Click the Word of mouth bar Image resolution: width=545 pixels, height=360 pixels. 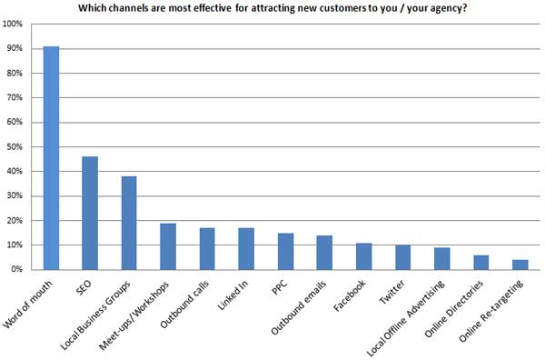pyautogui.click(x=51, y=158)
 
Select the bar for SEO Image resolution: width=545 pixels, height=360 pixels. pyautogui.click(x=90, y=213)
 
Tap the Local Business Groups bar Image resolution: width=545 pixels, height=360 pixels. pyautogui.click(x=129, y=223)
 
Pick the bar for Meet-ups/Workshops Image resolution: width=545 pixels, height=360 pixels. pyautogui.click(x=168, y=246)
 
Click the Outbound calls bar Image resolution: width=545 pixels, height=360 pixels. pyautogui.click(x=207, y=248)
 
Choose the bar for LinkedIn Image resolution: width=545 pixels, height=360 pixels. pyautogui.click(x=246, y=248)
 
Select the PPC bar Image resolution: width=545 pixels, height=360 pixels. pyautogui.click(x=285, y=251)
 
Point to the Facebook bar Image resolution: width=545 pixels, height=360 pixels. pyautogui.click(x=363, y=256)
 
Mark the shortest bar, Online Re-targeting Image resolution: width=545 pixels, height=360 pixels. pyautogui.click(x=520, y=265)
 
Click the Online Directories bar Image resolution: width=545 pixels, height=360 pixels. pyautogui.click(x=481, y=262)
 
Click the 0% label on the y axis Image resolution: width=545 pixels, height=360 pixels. pyautogui.click(x=17, y=269)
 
